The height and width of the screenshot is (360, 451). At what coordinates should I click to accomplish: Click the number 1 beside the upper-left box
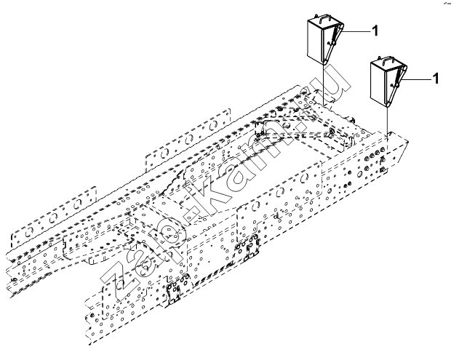pyautogui.click(x=375, y=31)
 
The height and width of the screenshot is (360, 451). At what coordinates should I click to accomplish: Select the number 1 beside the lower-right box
pyautogui.click(x=436, y=79)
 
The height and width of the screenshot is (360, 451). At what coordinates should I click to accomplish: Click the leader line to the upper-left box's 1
pyautogui.click(x=356, y=31)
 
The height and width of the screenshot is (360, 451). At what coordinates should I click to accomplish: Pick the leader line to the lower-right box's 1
pyautogui.click(x=418, y=79)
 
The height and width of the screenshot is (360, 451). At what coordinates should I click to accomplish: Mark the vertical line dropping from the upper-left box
pyautogui.click(x=323, y=85)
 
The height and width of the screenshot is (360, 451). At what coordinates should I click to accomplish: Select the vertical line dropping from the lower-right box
pyautogui.click(x=387, y=121)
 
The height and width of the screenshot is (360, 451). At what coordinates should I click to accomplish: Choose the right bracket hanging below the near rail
pyautogui.click(x=247, y=249)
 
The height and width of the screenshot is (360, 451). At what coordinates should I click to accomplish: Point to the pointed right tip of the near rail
pyautogui.click(x=408, y=141)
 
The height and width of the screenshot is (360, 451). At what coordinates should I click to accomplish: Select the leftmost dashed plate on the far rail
pyautogui.click(x=54, y=215)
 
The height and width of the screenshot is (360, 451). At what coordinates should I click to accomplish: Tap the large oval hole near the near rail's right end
pyautogui.click(x=359, y=174)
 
